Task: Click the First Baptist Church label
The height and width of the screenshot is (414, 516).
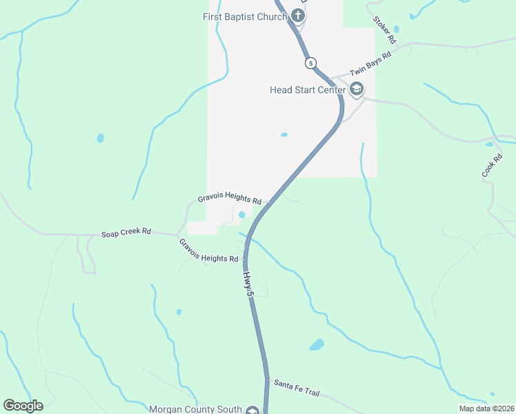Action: [244, 17]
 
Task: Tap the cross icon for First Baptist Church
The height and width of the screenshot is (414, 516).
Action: [298, 15]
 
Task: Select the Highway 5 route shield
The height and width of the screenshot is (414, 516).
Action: [311, 63]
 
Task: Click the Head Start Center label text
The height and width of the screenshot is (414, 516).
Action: [308, 89]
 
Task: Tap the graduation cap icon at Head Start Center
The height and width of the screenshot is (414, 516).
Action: [357, 89]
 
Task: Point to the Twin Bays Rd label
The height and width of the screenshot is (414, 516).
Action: [370, 64]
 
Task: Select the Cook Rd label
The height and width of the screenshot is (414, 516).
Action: [492, 166]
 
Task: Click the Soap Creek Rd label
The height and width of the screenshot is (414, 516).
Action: [126, 233]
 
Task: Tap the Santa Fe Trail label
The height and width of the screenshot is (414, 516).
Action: [297, 387]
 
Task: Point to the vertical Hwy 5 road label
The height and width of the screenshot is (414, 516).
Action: [249, 284]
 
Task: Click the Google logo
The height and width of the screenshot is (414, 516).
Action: [23, 406]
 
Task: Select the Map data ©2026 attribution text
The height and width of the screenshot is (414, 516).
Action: [486, 408]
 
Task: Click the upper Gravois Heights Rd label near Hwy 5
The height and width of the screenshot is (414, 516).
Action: [230, 199]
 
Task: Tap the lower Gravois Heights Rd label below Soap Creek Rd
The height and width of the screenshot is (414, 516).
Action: [208, 250]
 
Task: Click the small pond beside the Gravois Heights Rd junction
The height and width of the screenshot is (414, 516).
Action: [241, 215]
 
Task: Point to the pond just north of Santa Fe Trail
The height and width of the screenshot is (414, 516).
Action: [317, 344]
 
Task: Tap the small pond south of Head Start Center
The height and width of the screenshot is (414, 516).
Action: [284, 135]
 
